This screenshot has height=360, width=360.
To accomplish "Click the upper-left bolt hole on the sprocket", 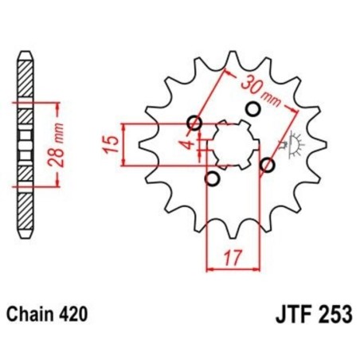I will tap(194, 123).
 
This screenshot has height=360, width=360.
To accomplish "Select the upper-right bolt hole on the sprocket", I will tap(255, 108).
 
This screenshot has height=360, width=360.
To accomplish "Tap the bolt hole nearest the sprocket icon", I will tap(268, 166).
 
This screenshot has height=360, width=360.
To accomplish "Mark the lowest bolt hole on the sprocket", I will tap(211, 178).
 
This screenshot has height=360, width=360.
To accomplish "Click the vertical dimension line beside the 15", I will tap(123, 144).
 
